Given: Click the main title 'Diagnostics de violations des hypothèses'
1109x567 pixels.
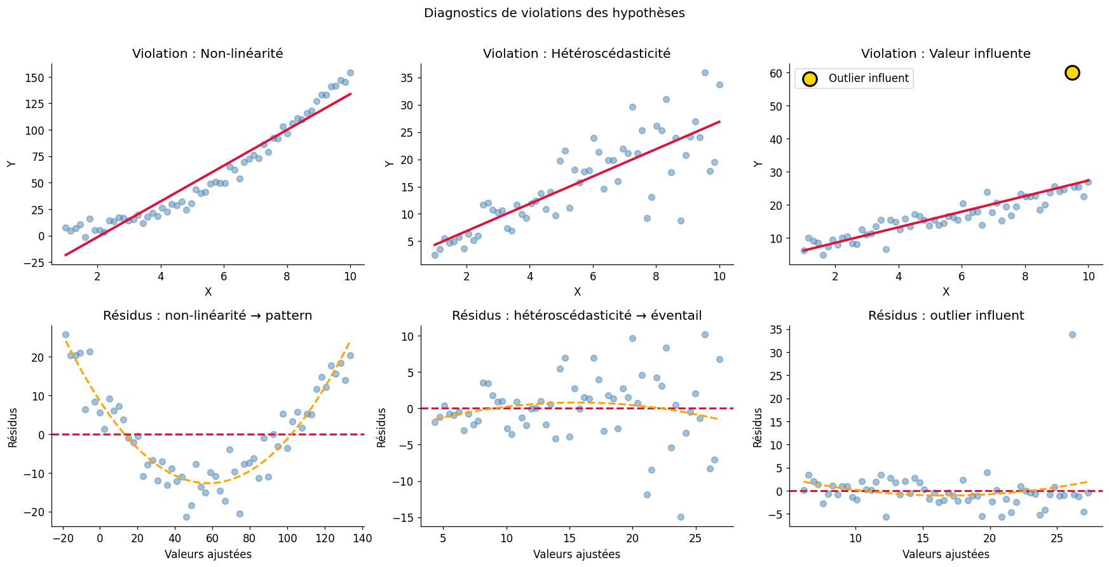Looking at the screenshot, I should [554, 13].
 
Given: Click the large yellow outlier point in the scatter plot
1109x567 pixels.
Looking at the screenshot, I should [1072, 72].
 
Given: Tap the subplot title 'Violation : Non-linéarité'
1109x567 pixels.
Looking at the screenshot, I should [207, 54].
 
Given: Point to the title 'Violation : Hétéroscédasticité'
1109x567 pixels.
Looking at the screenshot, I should [576, 54].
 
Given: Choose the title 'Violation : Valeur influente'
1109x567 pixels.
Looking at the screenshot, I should [946, 54].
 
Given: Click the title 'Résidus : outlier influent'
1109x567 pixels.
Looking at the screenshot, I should [946, 316].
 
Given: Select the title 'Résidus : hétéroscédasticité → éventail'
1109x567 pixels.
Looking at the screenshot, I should [576, 316].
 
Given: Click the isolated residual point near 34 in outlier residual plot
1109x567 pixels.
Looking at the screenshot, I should [1072, 334].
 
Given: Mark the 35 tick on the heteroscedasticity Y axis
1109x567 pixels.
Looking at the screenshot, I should [407, 78].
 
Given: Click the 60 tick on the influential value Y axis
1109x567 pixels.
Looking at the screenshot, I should [775, 73].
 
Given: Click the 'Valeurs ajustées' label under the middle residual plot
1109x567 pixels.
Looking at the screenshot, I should [576, 554].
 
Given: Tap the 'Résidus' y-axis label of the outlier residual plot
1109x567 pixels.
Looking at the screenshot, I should [758, 427].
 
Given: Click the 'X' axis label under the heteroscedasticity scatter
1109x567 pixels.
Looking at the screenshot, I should [577, 292].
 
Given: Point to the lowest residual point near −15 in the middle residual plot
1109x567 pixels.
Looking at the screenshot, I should [681, 517].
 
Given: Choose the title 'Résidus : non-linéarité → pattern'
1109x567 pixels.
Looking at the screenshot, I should [207, 316].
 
